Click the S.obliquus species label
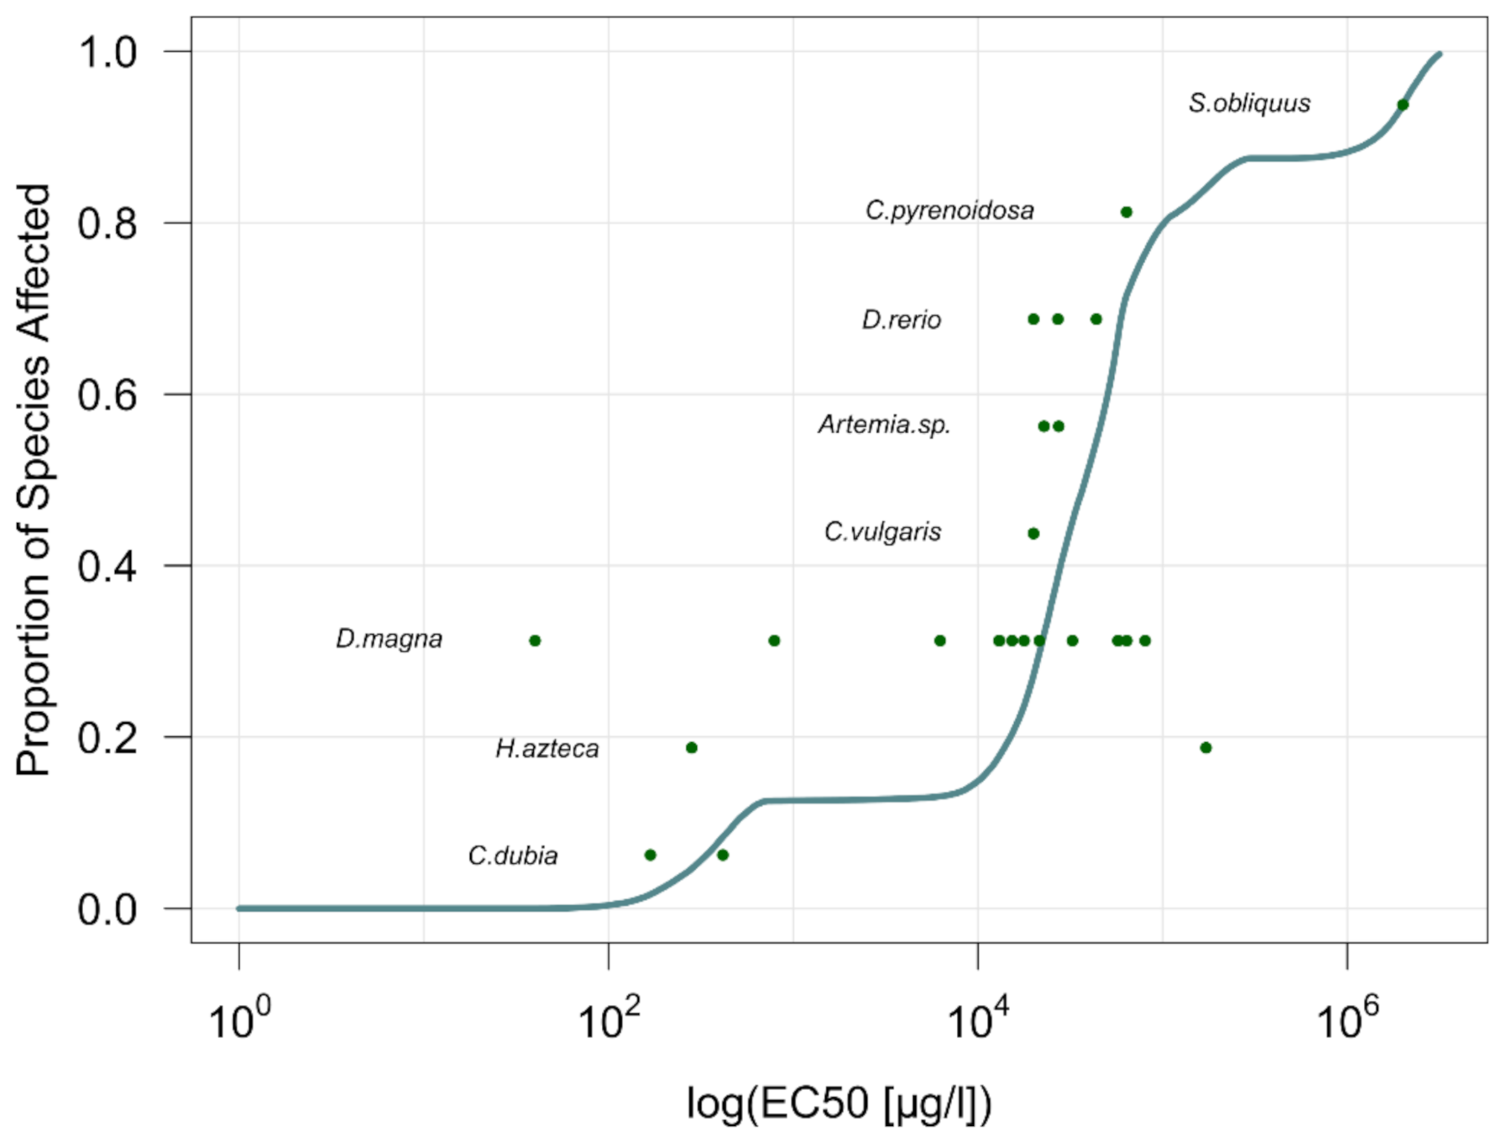[x=1248, y=103]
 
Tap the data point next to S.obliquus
[x=1403, y=105]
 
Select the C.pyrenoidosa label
[x=949, y=210]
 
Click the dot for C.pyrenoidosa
[x=1127, y=212]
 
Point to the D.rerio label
[x=901, y=320]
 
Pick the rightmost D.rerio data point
[x=1096, y=319]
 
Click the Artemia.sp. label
[x=884, y=425]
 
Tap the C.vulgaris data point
[x=1033, y=534]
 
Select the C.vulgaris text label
[x=882, y=531]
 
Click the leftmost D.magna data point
[x=535, y=641]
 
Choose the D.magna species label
[x=389, y=639]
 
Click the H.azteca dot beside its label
[x=692, y=748]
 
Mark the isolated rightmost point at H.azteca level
[x=1206, y=748]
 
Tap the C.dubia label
[x=512, y=856]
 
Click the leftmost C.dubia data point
[x=650, y=856]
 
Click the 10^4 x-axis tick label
[x=978, y=1018]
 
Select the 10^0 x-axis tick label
[x=239, y=1018]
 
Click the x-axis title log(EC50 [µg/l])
[x=839, y=1103]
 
